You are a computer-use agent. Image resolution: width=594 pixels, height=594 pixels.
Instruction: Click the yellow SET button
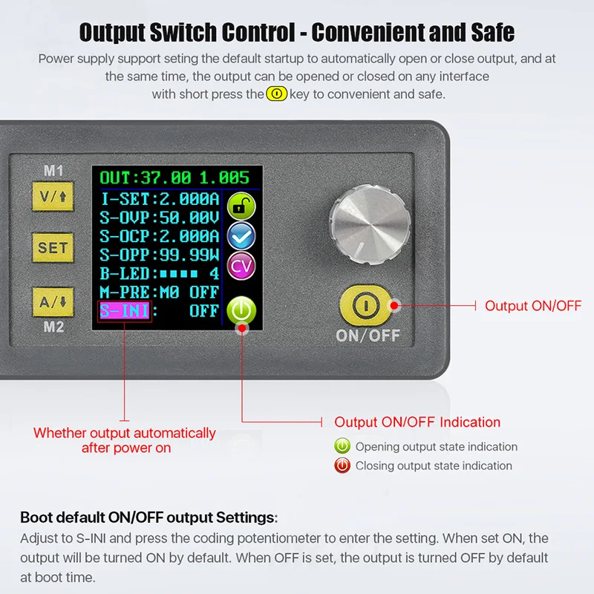(x=53, y=248)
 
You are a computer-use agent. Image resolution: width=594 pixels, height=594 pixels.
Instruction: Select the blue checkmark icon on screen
(x=241, y=236)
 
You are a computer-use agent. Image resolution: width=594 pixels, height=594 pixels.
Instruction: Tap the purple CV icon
(x=241, y=266)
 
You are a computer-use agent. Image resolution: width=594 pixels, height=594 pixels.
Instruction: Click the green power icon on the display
(x=241, y=309)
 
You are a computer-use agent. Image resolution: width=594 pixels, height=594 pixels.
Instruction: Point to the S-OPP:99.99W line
(x=159, y=254)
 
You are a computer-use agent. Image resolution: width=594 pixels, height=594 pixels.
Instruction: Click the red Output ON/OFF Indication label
(x=417, y=422)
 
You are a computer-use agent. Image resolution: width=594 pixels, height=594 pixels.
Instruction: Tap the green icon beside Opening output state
(x=342, y=447)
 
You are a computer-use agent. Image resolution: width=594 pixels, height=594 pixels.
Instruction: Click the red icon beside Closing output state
(x=342, y=466)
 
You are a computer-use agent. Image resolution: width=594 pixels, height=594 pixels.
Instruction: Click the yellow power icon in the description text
(x=276, y=94)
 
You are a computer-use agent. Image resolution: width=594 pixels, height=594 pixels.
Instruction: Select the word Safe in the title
(x=488, y=33)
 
